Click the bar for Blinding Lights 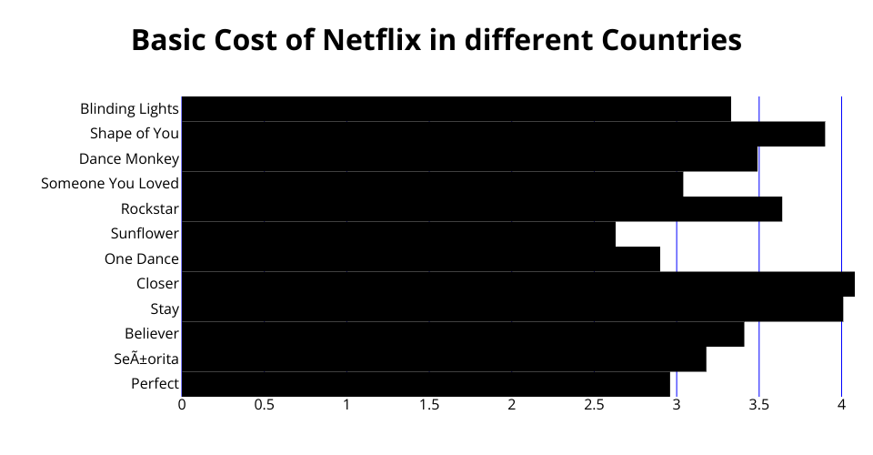[x=456, y=109]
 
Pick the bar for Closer [x=517, y=284]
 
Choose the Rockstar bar [x=481, y=209]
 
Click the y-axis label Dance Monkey [x=129, y=159]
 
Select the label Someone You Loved [x=110, y=184]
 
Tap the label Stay [x=165, y=309]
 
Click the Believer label [x=152, y=334]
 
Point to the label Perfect [x=155, y=384]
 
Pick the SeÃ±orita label [x=147, y=359]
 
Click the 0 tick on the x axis [x=182, y=404]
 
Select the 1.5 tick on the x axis [x=429, y=404]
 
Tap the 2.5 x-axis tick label [x=594, y=404]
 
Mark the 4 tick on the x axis [x=841, y=404]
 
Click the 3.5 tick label [x=759, y=404]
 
